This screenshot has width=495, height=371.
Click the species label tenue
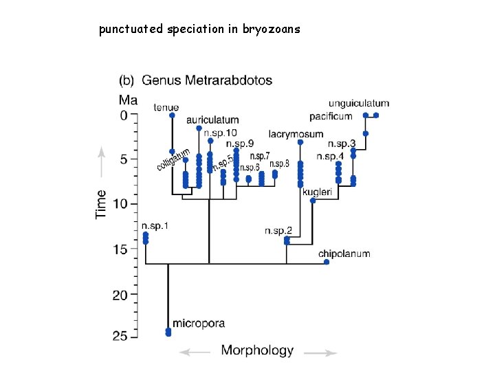[x=166, y=107]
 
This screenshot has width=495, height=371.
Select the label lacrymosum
[x=296, y=134]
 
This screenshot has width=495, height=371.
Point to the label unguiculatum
[x=358, y=104]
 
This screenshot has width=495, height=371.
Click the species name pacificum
[x=331, y=116]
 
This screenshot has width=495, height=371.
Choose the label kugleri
[x=317, y=192]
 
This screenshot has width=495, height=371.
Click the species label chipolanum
[x=344, y=254]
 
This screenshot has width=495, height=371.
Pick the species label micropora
[x=199, y=323]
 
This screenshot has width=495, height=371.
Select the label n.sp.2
[x=278, y=231]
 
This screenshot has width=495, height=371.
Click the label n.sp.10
[x=221, y=132]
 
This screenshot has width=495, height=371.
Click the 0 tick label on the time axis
[x=124, y=115]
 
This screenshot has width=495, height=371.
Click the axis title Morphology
[x=257, y=350]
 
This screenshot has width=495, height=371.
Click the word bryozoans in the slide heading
[x=272, y=30]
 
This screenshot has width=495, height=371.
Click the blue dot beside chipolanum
[x=327, y=262]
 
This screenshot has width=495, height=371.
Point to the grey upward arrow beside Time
[x=101, y=159]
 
